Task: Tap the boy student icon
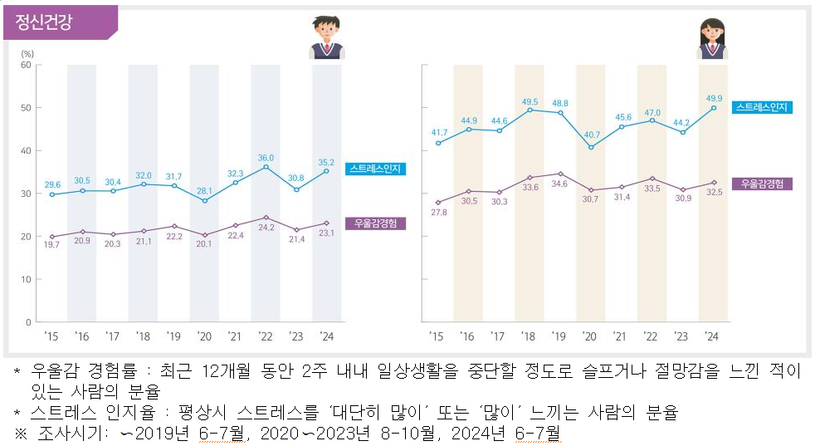tap(327, 38)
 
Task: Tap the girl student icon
tap(712, 38)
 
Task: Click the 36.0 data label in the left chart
tap(266, 157)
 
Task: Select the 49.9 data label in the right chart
tap(713, 98)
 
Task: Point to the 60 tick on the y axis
tap(26, 65)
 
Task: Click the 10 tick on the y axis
tap(26, 279)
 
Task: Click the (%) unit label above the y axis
tap(26, 53)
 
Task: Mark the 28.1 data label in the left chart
tap(204, 190)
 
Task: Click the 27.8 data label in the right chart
tap(437, 213)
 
